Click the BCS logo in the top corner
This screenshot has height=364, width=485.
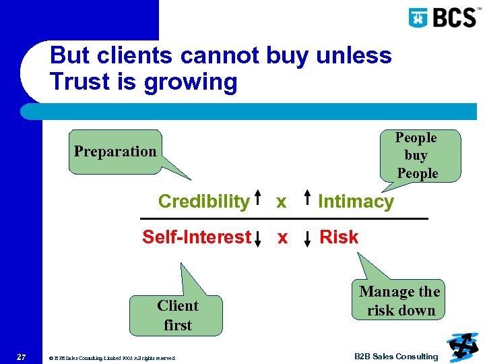(443, 17)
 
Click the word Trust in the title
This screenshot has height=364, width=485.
(83, 82)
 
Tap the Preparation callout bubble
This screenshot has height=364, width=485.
(115, 152)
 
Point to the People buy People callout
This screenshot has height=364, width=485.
(417, 156)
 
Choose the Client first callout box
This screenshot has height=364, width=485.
(178, 315)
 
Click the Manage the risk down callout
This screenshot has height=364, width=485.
(399, 301)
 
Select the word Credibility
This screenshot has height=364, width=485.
(203, 202)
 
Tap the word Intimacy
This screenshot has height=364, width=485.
(356, 202)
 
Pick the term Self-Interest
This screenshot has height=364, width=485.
(196, 237)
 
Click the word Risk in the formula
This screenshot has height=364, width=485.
(339, 237)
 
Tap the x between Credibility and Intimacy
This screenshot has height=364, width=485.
(282, 202)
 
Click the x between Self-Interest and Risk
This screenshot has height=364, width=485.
(282, 238)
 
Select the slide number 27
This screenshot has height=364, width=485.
(21, 357)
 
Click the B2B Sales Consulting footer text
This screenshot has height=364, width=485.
(396, 357)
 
